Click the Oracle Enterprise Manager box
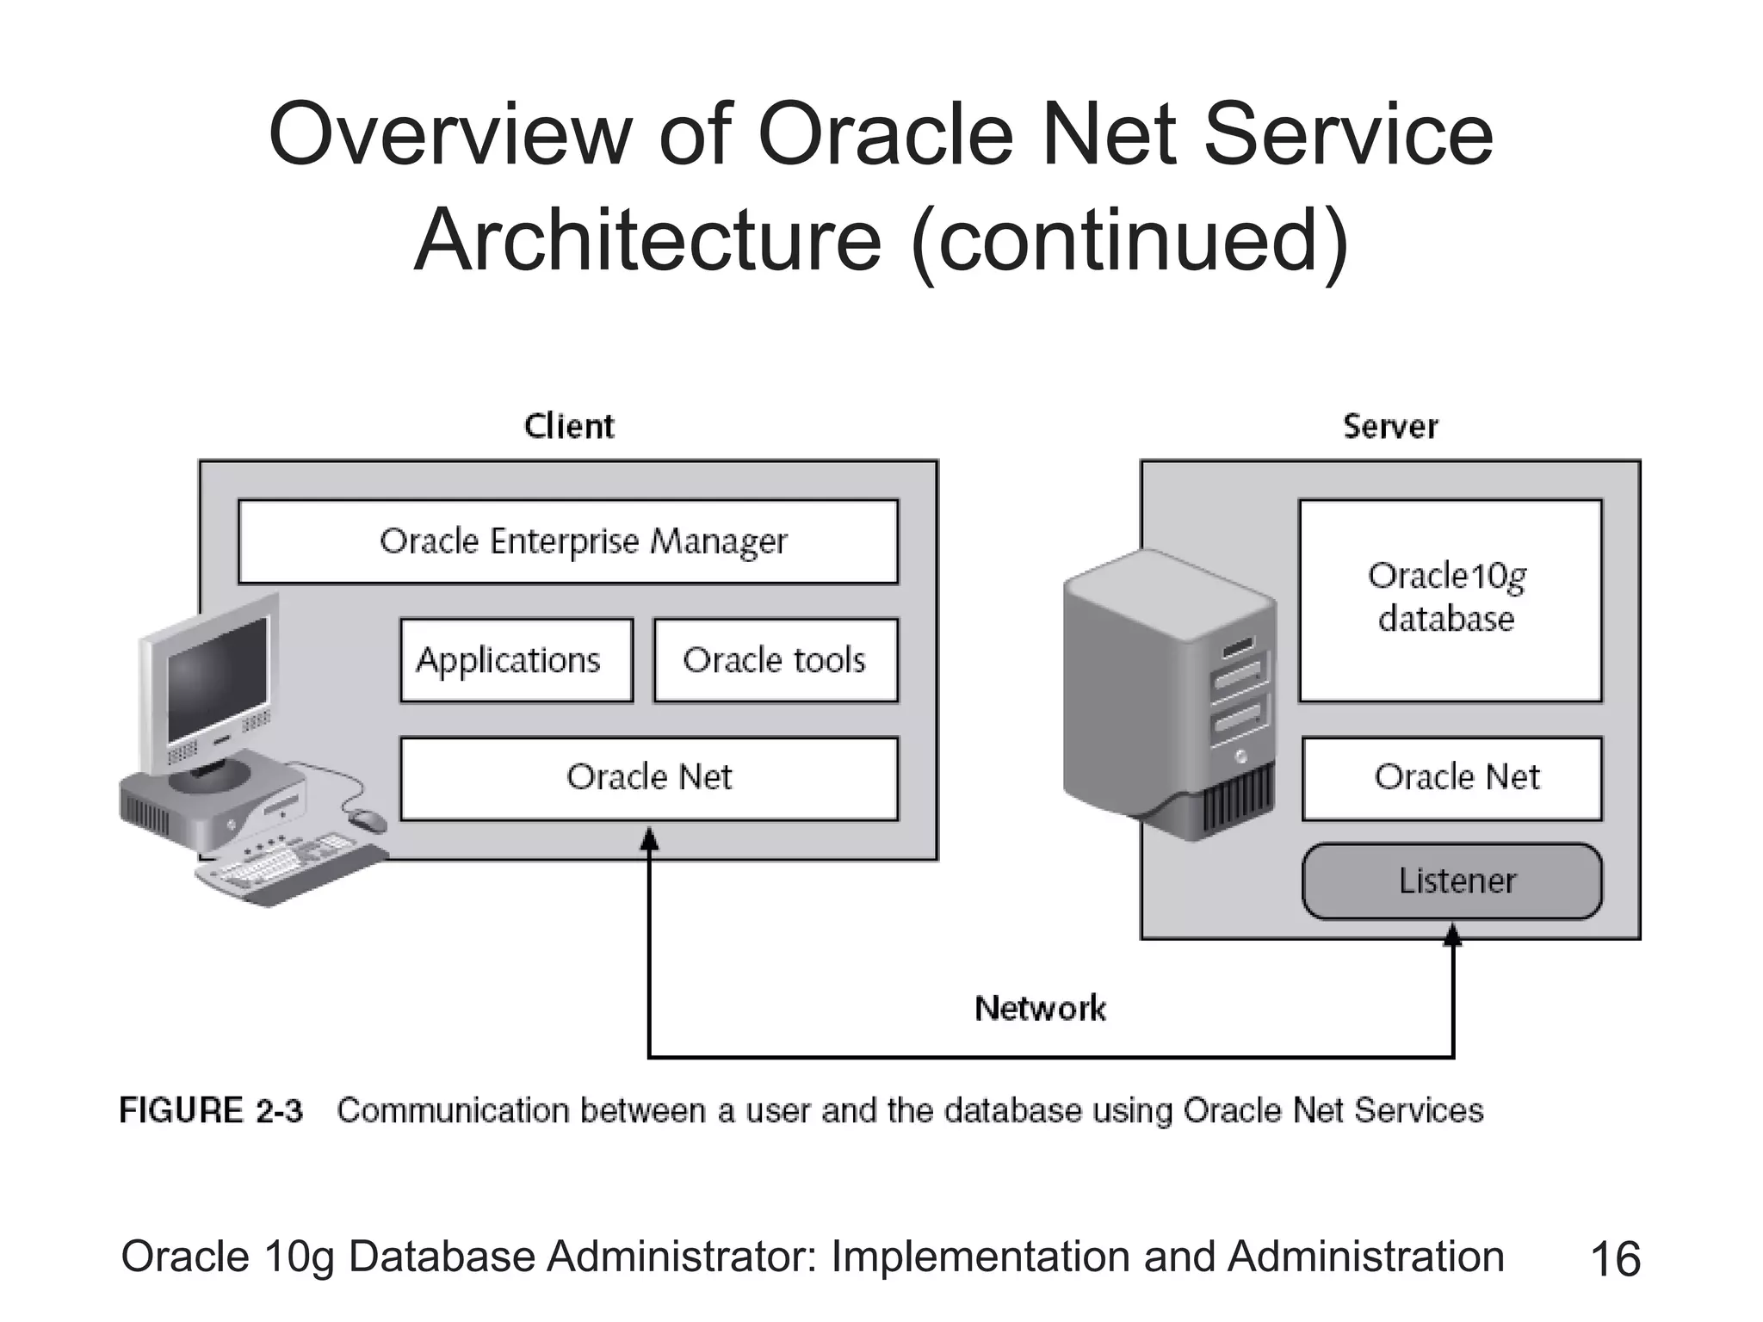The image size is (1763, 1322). tap(568, 541)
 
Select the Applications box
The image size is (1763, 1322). tap(517, 660)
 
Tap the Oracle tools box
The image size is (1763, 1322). tap(776, 660)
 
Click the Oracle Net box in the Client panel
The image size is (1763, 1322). tap(649, 778)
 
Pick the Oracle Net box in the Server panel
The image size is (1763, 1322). tap(1452, 778)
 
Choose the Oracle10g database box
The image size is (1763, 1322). tap(1451, 600)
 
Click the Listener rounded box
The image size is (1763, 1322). tap(1452, 881)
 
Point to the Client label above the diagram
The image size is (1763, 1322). tap(569, 426)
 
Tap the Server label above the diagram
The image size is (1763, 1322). tap(1390, 426)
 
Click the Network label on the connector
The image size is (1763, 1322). tap(1040, 1008)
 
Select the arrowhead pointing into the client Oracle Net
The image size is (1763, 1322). tap(649, 838)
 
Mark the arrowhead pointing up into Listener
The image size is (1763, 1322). tap(1453, 936)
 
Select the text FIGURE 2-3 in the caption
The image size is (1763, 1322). tap(211, 1110)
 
